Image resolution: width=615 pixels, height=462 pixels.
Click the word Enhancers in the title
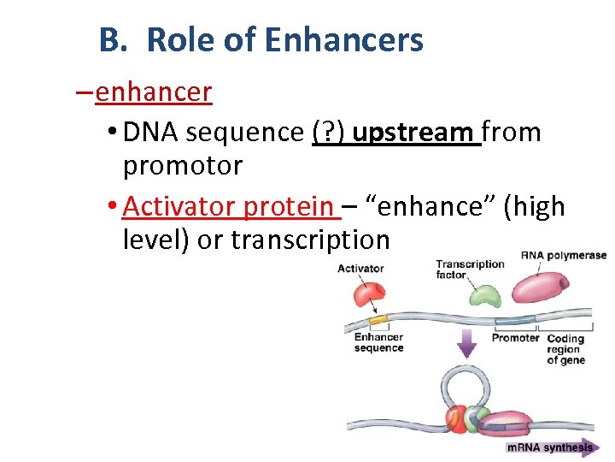click(x=343, y=40)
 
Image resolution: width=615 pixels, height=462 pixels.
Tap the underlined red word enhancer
click(x=154, y=92)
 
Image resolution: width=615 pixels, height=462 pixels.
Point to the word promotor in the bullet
click(x=183, y=165)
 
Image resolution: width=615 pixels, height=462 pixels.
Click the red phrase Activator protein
click(x=228, y=206)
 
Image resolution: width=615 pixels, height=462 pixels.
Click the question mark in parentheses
click(x=328, y=133)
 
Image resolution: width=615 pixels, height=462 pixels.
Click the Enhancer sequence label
click(x=378, y=342)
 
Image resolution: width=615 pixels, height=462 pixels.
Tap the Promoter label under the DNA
click(x=515, y=338)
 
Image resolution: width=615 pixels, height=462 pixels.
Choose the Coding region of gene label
click(x=565, y=349)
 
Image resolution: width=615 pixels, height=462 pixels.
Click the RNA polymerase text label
click(x=563, y=255)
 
